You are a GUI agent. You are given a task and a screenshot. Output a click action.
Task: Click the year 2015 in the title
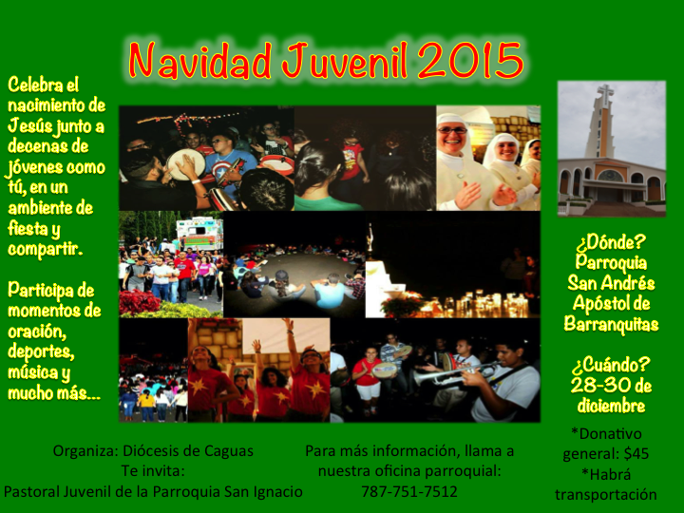click(x=471, y=61)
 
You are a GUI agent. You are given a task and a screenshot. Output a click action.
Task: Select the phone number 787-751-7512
click(x=409, y=492)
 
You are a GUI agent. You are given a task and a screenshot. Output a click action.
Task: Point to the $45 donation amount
click(x=636, y=454)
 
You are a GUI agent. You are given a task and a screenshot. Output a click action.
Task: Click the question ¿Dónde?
click(x=611, y=242)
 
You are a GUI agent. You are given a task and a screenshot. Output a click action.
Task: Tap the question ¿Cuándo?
click(x=611, y=365)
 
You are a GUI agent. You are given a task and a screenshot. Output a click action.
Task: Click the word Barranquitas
click(x=611, y=324)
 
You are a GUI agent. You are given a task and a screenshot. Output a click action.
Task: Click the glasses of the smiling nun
click(x=452, y=130)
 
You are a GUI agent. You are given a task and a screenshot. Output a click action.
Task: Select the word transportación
click(x=606, y=495)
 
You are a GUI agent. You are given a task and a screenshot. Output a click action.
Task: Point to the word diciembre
click(x=611, y=406)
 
